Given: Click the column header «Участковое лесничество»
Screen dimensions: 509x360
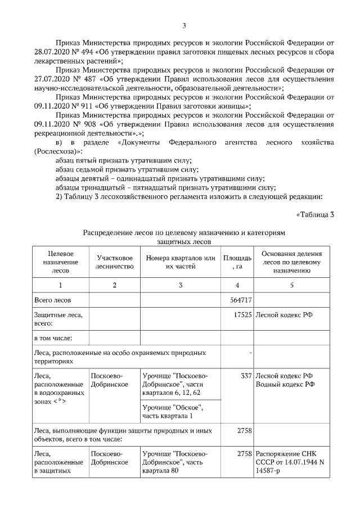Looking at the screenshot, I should point(114,262).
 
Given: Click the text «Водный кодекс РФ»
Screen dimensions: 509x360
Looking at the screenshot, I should point(285,384).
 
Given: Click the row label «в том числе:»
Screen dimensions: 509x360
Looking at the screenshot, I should point(53,338).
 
